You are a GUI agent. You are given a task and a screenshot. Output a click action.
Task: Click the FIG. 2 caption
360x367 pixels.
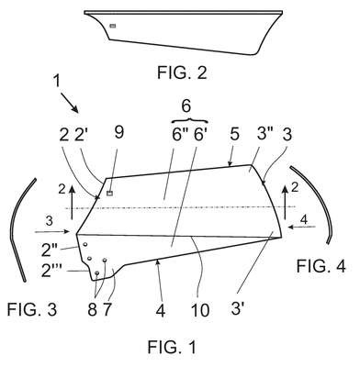tap(182, 72)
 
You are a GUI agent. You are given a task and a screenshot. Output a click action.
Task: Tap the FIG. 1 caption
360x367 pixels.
tap(172, 347)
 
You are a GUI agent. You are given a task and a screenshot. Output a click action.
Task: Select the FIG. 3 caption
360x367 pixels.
tap(32, 309)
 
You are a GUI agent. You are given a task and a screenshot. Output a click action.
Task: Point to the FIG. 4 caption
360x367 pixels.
tap(321, 266)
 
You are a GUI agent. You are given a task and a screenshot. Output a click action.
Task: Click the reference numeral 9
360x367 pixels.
tap(118, 132)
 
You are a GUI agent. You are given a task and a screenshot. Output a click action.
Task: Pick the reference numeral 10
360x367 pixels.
tap(200, 310)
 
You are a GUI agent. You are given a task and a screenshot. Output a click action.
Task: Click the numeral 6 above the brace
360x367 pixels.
tap(186, 106)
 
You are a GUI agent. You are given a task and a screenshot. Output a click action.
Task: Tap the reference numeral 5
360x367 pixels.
tap(234, 134)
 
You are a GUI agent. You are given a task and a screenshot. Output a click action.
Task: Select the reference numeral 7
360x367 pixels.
tap(107, 310)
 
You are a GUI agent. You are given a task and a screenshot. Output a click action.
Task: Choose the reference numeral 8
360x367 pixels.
tap(92, 310)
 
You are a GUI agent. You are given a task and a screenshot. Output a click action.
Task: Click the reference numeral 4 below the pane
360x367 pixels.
tap(161, 310)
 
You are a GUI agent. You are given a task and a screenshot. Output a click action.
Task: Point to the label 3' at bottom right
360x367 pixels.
tap(237, 308)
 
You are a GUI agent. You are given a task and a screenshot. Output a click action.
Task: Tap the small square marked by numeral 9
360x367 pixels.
tap(109, 193)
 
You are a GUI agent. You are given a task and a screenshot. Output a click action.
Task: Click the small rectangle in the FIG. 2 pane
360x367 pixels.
tap(113, 26)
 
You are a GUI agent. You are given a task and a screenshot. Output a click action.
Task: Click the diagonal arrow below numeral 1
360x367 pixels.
tap(69, 103)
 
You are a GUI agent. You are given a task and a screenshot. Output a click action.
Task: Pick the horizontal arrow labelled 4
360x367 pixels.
tap(301, 227)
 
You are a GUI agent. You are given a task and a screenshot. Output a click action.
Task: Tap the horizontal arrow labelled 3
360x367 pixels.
tap(52, 232)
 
